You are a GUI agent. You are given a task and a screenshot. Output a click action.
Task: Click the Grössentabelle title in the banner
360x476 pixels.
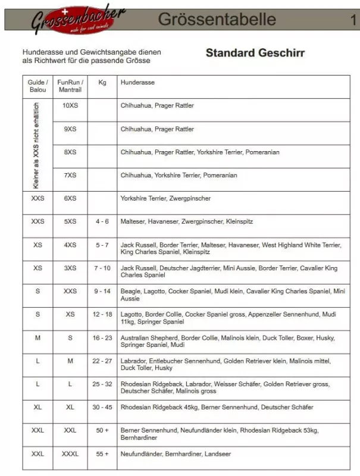[x=217, y=19]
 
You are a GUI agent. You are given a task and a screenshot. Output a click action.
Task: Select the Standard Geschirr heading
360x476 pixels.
[x=255, y=53]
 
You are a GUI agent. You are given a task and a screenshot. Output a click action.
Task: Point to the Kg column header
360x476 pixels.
[x=102, y=82]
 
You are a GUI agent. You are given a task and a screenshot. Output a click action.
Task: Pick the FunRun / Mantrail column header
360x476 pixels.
[x=70, y=86]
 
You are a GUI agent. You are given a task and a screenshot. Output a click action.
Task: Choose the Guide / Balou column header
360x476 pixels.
[x=37, y=86]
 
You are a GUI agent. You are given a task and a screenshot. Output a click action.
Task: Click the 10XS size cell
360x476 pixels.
[x=70, y=105]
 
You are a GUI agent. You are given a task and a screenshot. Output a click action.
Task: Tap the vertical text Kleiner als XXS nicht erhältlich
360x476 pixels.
[x=37, y=145]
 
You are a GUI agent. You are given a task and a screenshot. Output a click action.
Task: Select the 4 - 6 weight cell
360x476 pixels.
[x=102, y=221]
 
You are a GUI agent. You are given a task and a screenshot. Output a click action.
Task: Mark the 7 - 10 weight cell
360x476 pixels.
[x=102, y=268]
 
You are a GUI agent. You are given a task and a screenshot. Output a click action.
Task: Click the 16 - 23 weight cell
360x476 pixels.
[x=102, y=337]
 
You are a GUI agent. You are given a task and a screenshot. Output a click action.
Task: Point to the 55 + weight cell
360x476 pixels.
[x=102, y=453]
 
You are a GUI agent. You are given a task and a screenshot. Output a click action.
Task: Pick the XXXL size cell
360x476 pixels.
[x=70, y=453]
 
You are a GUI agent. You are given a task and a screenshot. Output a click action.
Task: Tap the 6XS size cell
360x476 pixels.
[x=70, y=198]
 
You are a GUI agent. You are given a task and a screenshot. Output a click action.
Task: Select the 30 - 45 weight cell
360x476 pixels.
[x=102, y=407]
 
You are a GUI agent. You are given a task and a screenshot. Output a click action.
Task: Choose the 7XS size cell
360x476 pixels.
[x=70, y=175]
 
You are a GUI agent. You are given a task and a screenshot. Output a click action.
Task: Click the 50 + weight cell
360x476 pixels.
[x=102, y=430]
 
